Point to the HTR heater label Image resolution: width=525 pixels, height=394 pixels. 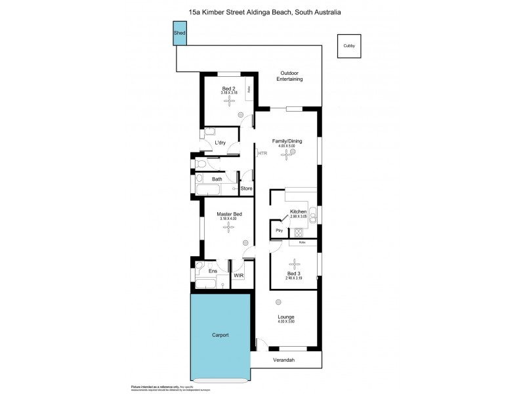click(262, 154)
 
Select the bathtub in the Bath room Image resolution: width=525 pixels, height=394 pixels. click(207, 190)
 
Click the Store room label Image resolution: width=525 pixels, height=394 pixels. click(246, 189)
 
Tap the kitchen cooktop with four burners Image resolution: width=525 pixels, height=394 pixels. click(299, 232)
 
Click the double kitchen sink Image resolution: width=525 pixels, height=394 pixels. click(313, 215)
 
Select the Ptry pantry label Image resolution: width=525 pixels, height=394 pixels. click(278, 230)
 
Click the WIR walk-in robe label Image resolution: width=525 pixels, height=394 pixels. click(239, 276)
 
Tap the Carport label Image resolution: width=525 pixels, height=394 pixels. click(220, 335)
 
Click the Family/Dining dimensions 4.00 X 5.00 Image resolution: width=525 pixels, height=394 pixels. click(286, 144)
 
